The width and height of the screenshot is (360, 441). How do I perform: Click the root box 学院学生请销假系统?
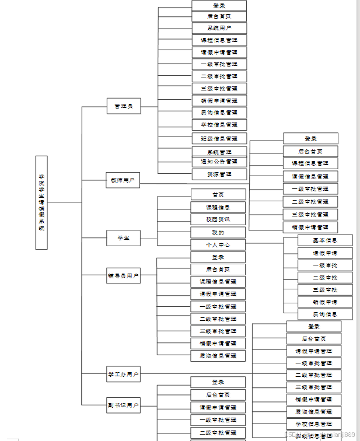(41, 202)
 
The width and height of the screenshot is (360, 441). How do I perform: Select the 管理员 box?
(124, 106)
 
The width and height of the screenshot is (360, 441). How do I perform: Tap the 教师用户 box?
(123, 180)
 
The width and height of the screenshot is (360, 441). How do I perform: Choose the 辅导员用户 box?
(123, 275)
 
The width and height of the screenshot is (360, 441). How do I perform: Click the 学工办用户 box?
(123, 374)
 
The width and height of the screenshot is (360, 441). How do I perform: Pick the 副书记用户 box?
(123, 405)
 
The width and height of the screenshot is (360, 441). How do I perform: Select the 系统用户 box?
(219, 28)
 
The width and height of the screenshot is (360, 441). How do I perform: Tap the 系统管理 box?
(219, 152)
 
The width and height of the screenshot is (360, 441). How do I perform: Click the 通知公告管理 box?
(219, 162)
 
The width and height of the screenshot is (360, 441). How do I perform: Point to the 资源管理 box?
(219, 174)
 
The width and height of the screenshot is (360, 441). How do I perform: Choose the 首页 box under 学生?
(218, 195)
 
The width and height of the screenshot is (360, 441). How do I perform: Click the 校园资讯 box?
(218, 219)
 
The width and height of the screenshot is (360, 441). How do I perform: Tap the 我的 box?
(218, 232)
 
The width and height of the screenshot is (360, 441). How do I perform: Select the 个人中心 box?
(218, 245)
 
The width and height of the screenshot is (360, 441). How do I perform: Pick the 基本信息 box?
(325, 240)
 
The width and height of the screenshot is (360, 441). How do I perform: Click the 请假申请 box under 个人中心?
(325, 253)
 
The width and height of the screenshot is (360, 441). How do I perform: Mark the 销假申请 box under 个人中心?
(325, 302)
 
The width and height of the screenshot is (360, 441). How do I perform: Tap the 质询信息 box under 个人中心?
(325, 314)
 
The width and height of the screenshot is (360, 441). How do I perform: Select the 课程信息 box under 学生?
(218, 207)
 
